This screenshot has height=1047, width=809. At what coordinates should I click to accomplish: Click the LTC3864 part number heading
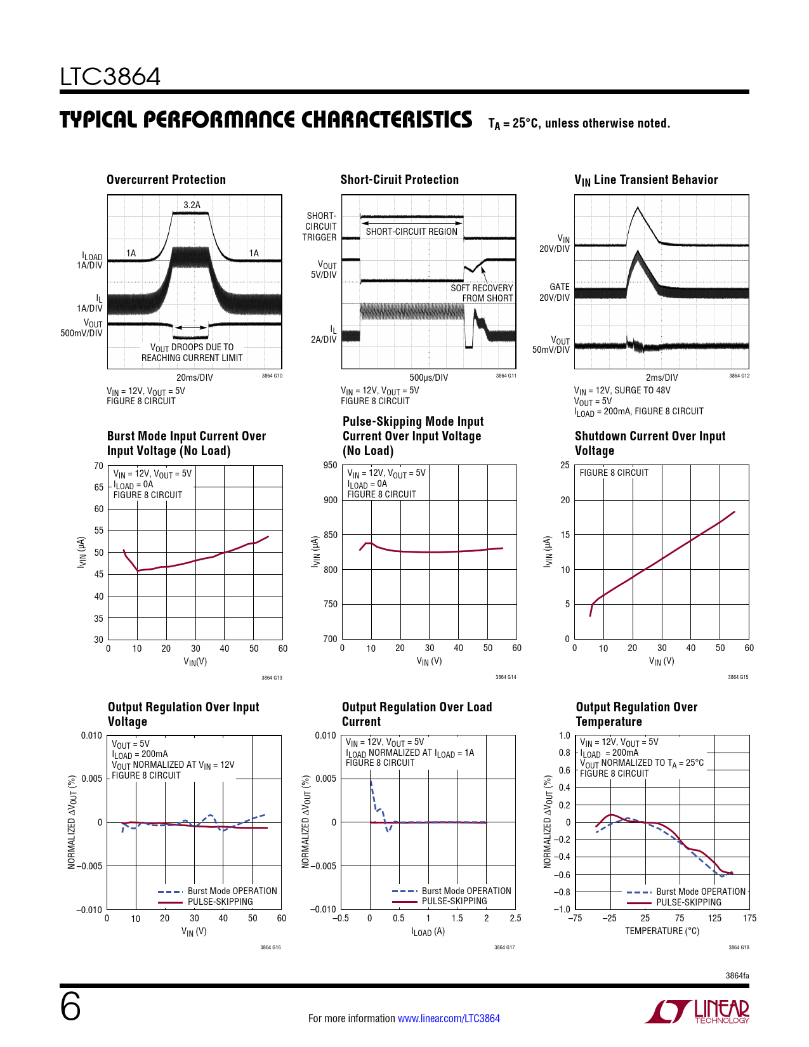tap(110, 77)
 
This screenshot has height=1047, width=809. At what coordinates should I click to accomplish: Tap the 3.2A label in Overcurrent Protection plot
tap(192, 205)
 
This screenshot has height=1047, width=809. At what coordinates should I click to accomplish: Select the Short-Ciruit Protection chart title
tap(399, 180)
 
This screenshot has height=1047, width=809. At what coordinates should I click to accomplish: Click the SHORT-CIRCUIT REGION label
tap(411, 232)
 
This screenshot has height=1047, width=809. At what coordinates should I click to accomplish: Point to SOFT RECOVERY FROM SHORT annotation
tap(482, 293)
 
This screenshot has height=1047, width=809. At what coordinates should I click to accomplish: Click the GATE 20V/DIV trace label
tap(555, 292)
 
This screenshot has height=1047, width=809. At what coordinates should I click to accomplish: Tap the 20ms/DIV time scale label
tap(194, 378)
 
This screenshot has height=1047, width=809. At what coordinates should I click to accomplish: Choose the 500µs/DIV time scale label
tap(428, 378)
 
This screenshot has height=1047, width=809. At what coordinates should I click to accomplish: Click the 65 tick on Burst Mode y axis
tap(99, 487)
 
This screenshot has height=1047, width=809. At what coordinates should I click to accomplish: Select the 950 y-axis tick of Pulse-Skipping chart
tap(331, 465)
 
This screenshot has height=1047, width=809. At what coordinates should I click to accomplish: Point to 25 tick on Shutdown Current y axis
tap(565, 465)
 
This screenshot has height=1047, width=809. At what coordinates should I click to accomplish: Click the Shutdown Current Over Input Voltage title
tap(650, 443)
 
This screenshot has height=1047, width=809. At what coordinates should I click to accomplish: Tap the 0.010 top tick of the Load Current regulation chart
tap(326, 735)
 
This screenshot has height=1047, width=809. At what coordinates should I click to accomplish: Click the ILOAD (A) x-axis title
tap(428, 932)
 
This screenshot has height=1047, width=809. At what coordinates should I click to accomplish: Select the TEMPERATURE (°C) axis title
tap(662, 931)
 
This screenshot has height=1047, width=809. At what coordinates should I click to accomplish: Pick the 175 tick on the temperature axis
tap(749, 918)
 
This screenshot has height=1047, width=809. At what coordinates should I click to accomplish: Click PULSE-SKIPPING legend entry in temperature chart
tap(688, 902)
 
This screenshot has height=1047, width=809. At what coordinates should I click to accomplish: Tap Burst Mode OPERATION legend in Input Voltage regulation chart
tap(232, 891)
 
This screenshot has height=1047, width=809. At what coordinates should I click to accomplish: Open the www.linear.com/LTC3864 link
tap(449, 1018)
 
